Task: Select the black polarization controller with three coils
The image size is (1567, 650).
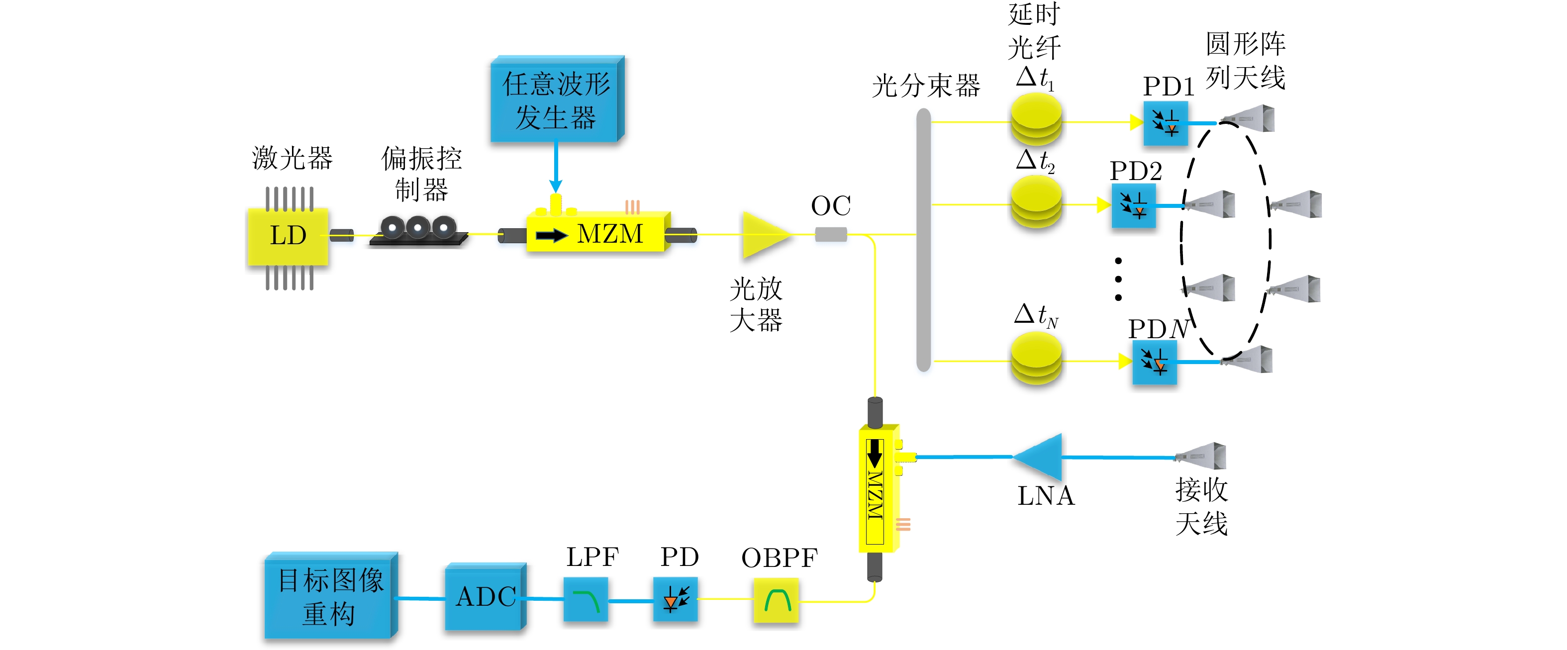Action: click(418, 231)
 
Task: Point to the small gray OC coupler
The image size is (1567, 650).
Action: click(830, 234)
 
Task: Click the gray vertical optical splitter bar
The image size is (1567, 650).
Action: click(923, 240)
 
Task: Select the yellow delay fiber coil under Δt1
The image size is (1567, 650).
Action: click(1036, 120)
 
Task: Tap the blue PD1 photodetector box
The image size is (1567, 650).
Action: click(1166, 123)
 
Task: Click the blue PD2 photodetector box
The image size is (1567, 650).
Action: click(1133, 206)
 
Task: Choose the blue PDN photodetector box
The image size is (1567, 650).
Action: click(1154, 363)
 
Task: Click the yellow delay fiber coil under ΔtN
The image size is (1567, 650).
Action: click(1036, 360)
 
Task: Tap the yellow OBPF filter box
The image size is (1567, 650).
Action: click(776, 601)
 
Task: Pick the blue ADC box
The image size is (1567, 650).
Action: click(485, 597)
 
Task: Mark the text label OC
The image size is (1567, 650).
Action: click(830, 205)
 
